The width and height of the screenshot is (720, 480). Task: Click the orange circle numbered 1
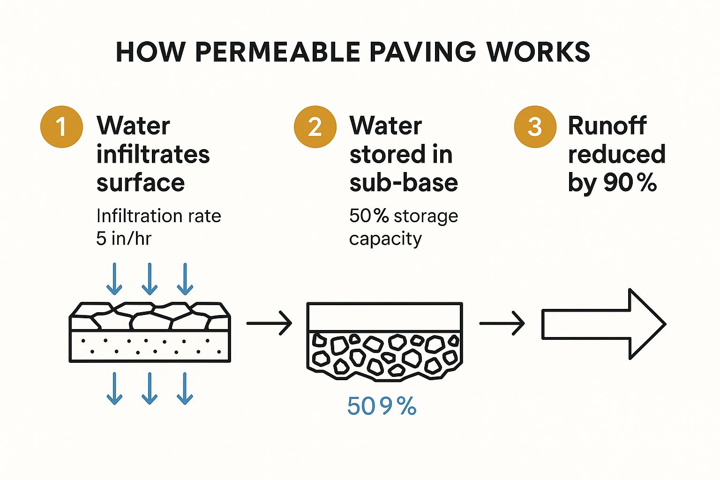point(61,127)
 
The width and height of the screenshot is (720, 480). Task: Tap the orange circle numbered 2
point(315,127)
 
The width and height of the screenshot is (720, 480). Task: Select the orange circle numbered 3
point(535,127)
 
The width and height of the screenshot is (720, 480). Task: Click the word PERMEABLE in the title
point(277,52)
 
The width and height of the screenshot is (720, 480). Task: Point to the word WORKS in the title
point(538,52)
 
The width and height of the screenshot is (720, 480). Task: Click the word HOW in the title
point(150,52)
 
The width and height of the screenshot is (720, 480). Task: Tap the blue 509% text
point(382,406)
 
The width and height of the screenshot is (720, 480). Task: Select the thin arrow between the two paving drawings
point(269,323)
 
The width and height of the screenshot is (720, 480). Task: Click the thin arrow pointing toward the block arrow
point(502,323)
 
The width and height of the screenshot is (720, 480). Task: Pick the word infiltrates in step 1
point(153,154)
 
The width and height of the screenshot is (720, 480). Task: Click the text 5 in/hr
point(124,239)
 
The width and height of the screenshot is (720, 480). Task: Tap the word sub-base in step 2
point(404,183)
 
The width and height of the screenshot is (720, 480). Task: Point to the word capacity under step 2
point(385,239)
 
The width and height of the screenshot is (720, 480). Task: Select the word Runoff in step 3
point(607,126)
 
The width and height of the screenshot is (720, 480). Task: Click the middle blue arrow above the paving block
point(150,279)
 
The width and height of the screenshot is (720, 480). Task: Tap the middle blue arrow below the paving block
point(150,388)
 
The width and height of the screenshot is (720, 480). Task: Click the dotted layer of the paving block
point(150,346)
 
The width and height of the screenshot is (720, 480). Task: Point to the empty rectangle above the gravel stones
point(384,317)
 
